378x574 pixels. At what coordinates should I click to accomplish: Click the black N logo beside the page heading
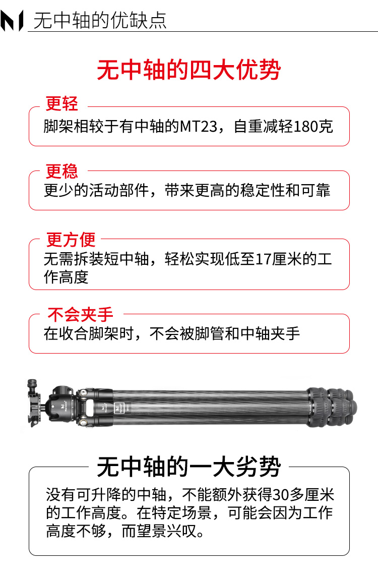click(12, 21)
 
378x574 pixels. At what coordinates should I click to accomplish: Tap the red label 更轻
click(62, 103)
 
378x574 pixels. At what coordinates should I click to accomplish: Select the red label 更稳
click(62, 171)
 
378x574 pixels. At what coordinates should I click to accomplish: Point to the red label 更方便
click(71, 240)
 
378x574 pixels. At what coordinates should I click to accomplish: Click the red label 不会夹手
click(81, 314)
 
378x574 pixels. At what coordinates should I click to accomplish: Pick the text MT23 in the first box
click(199, 127)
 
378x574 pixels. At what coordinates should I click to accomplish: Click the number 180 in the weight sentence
click(305, 127)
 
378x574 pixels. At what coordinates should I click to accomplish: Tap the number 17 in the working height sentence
click(263, 259)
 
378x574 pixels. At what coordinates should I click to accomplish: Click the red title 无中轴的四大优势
click(189, 70)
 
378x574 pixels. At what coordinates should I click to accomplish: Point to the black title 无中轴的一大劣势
click(189, 467)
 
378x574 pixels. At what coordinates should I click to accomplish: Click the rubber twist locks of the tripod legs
click(331, 407)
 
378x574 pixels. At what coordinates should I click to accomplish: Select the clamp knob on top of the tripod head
click(32, 384)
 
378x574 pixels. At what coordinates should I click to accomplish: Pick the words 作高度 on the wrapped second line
click(66, 277)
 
